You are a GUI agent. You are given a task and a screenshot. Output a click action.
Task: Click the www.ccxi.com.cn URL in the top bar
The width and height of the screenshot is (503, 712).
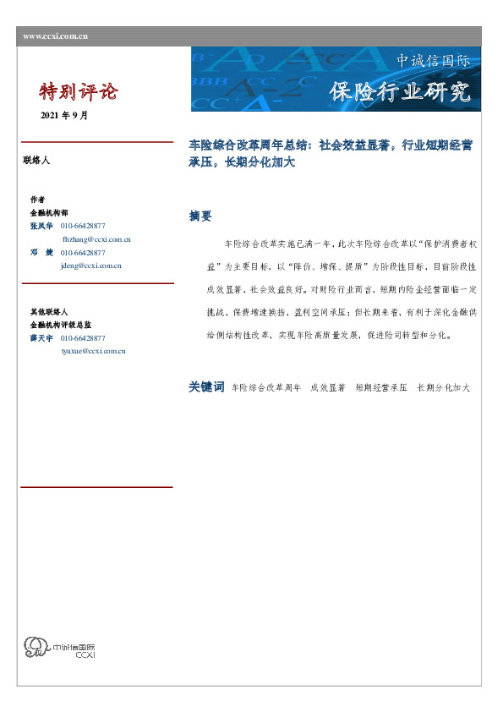click(55, 36)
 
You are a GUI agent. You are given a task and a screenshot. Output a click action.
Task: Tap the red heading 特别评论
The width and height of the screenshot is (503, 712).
click(79, 91)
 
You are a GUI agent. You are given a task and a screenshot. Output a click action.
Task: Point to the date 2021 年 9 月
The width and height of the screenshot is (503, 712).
click(63, 116)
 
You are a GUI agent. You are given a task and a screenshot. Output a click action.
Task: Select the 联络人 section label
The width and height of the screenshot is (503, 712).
click(36, 159)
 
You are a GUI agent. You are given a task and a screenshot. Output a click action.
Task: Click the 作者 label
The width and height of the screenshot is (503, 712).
click(37, 200)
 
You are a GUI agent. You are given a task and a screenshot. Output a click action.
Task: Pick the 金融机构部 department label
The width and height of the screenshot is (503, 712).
click(48, 213)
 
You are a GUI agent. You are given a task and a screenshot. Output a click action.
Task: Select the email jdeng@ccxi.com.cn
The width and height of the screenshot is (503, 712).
click(91, 265)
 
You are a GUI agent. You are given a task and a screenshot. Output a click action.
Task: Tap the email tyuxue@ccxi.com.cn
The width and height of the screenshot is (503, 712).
click(93, 349)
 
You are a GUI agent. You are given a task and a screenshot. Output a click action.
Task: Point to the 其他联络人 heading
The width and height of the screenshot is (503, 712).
click(48, 312)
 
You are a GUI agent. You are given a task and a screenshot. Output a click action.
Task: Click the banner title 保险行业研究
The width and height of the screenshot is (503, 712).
click(399, 92)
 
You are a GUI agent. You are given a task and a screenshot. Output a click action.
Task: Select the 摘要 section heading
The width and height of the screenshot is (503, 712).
click(200, 216)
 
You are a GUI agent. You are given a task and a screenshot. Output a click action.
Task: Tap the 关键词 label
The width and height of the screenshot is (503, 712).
click(206, 386)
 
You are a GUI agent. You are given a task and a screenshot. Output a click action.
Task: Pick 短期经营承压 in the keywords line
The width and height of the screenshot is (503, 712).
click(381, 387)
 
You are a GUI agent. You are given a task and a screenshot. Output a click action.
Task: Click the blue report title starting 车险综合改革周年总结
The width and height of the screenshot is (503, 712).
click(331, 153)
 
